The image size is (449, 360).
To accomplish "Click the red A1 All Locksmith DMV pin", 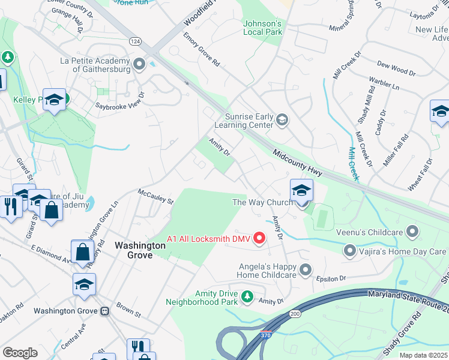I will point(259,238).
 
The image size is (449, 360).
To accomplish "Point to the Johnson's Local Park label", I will point(262,28).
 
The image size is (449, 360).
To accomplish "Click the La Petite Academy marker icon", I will point(140,64).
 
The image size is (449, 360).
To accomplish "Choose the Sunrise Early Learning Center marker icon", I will point(282,121).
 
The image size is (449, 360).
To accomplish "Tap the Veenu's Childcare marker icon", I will point(412,231).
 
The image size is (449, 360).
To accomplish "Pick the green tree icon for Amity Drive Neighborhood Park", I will point(246,297).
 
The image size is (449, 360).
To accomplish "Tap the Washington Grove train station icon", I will point(105,311).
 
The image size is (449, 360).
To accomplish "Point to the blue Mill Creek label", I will point(354,163).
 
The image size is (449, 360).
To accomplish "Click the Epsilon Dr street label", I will point(335,278).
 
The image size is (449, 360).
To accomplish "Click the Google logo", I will point(20,353).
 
